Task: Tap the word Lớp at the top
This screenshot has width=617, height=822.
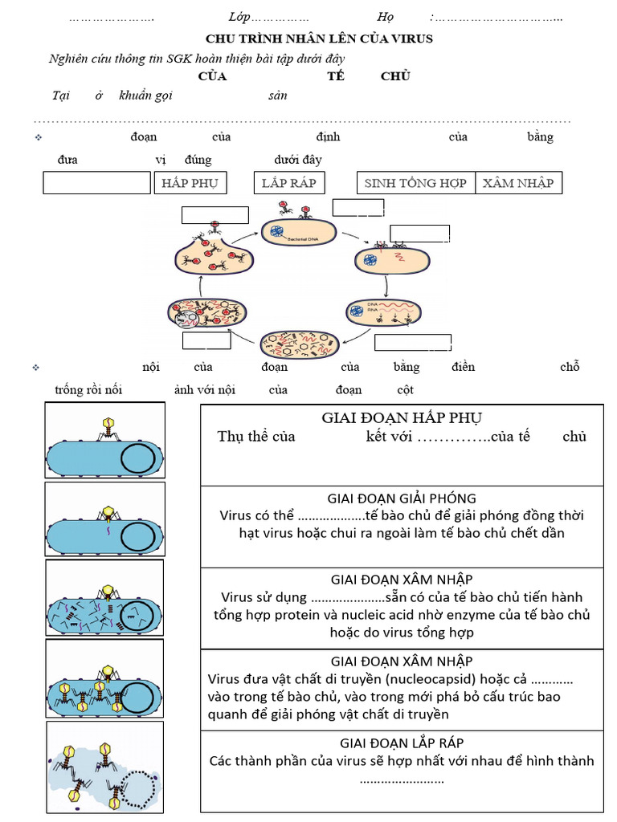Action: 239,18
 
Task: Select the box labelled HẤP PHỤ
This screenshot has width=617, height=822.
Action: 190,183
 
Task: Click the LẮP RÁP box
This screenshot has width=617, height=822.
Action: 288,183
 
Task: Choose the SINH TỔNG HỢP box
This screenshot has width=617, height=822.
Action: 415,183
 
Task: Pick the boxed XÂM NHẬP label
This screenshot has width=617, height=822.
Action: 518,183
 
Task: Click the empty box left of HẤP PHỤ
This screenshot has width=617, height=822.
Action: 96,184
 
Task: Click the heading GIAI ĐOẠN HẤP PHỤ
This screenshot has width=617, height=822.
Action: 402,417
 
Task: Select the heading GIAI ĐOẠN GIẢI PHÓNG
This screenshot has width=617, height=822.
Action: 402,498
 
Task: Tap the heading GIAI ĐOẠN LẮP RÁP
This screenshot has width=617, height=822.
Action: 402,743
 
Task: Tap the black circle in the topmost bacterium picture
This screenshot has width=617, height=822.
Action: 137,460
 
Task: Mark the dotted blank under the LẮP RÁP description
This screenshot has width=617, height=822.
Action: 402,779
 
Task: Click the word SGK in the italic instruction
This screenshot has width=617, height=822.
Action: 175,59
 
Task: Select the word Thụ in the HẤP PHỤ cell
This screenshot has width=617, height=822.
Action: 231,437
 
